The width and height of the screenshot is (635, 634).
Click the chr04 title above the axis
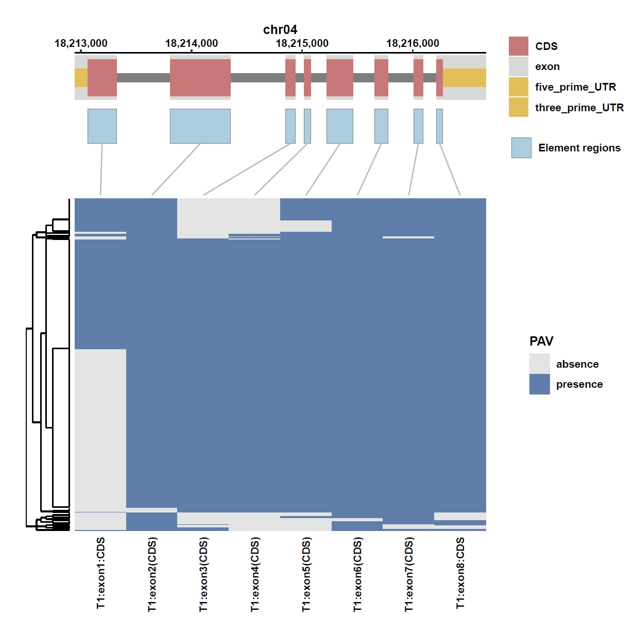coord(280,30)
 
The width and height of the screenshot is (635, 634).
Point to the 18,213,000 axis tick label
coord(81,43)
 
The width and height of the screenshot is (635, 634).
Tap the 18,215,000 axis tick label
coord(302,43)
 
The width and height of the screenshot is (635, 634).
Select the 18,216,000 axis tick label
coord(413,43)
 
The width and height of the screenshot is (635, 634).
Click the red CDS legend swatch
coord(518,46)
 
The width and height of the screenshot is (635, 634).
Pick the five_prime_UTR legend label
coord(575,87)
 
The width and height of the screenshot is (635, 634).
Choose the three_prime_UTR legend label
coord(579,108)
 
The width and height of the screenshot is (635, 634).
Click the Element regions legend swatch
coord(521,148)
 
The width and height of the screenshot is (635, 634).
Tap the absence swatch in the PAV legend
coord(539,363)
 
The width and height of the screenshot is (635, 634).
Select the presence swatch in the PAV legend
coord(539,384)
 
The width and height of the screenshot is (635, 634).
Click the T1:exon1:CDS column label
coord(100,573)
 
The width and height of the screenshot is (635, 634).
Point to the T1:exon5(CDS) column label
coord(306,574)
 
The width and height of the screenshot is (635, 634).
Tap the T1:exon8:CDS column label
coord(460,573)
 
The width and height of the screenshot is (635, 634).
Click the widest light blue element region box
coord(200,126)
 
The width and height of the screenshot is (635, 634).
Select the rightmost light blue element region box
coord(439,126)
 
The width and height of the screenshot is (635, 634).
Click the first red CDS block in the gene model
coord(102,78)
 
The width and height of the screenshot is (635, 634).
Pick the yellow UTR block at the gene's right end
coord(465,78)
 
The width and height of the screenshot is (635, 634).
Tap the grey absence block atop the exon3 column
coord(203,218)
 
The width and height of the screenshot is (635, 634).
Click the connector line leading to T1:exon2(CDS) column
coord(176,169)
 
